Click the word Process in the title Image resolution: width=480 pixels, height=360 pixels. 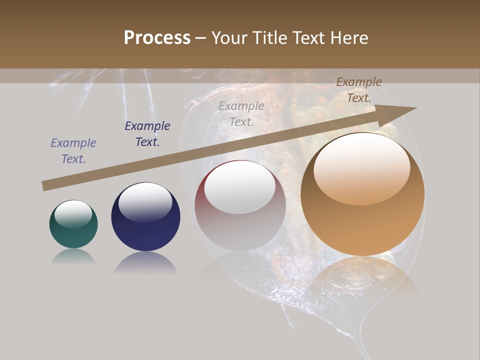click(x=157, y=38)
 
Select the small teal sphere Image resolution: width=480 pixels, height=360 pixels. click(x=73, y=224)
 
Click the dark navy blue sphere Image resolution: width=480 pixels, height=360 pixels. click(x=145, y=216)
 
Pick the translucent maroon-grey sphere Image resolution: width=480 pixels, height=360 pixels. click(x=240, y=205)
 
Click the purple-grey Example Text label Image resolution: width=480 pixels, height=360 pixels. click(x=73, y=151)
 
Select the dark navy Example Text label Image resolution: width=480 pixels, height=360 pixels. click(x=147, y=134)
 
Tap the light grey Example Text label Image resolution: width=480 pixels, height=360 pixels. click(x=241, y=113)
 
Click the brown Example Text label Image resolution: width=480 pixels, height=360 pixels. click(x=359, y=90)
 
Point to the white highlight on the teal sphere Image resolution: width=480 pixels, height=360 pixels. click(x=73, y=213)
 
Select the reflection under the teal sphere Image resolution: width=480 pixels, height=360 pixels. click(x=73, y=256)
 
